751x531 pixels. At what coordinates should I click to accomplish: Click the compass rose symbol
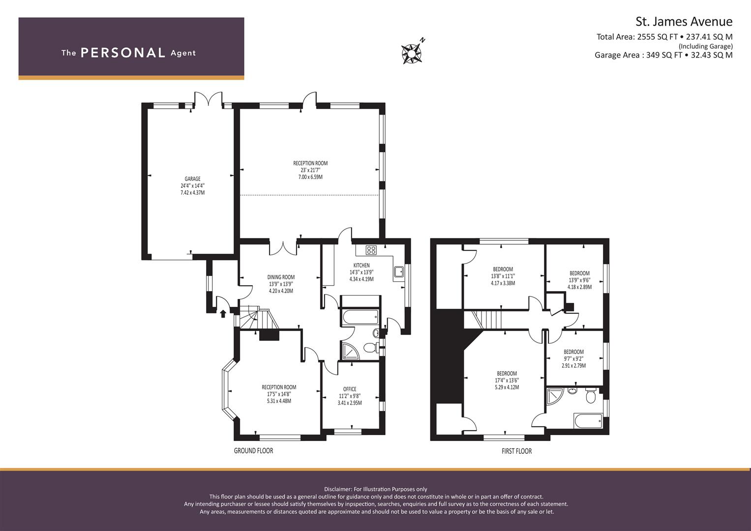pyautogui.click(x=411, y=54)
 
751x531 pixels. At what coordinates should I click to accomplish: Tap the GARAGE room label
pyautogui.click(x=192, y=178)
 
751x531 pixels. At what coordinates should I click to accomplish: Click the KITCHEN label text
pyautogui.click(x=361, y=265)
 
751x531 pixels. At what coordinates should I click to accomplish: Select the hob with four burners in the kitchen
pyautogui.click(x=371, y=250)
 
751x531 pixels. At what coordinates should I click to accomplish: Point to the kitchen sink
pyautogui.click(x=399, y=271)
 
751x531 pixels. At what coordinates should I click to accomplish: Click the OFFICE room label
pyautogui.click(x=350, y=389)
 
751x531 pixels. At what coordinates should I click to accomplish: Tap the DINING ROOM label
pyautogui.click(x=281, y=277)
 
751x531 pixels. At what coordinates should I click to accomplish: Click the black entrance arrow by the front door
pyautogui.click(x=223, y=314)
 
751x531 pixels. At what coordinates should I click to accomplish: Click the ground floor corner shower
pyautogui.click(x=350, y=350)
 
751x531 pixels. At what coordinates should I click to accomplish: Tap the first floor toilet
pyautogui.click(x=591, y=396)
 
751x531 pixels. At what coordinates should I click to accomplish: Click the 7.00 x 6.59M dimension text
pyautogui.click(x=310, y=177)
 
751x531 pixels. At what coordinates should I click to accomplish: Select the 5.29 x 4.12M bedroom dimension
pyautogui.click(x=507, y=387)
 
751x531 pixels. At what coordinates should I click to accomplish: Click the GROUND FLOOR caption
pyautogui.click(x=253, y=451)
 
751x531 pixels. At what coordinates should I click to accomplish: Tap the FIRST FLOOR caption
pyautogui.click(x=516, y=451)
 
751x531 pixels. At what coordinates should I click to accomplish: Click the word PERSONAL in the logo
pyautogui.click(x=123, y=53)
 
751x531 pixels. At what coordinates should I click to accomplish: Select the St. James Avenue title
pyautogui.click(x=684, y=22)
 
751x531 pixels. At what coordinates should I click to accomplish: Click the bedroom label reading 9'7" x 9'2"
pyautogui.click(x=573, y=359)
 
